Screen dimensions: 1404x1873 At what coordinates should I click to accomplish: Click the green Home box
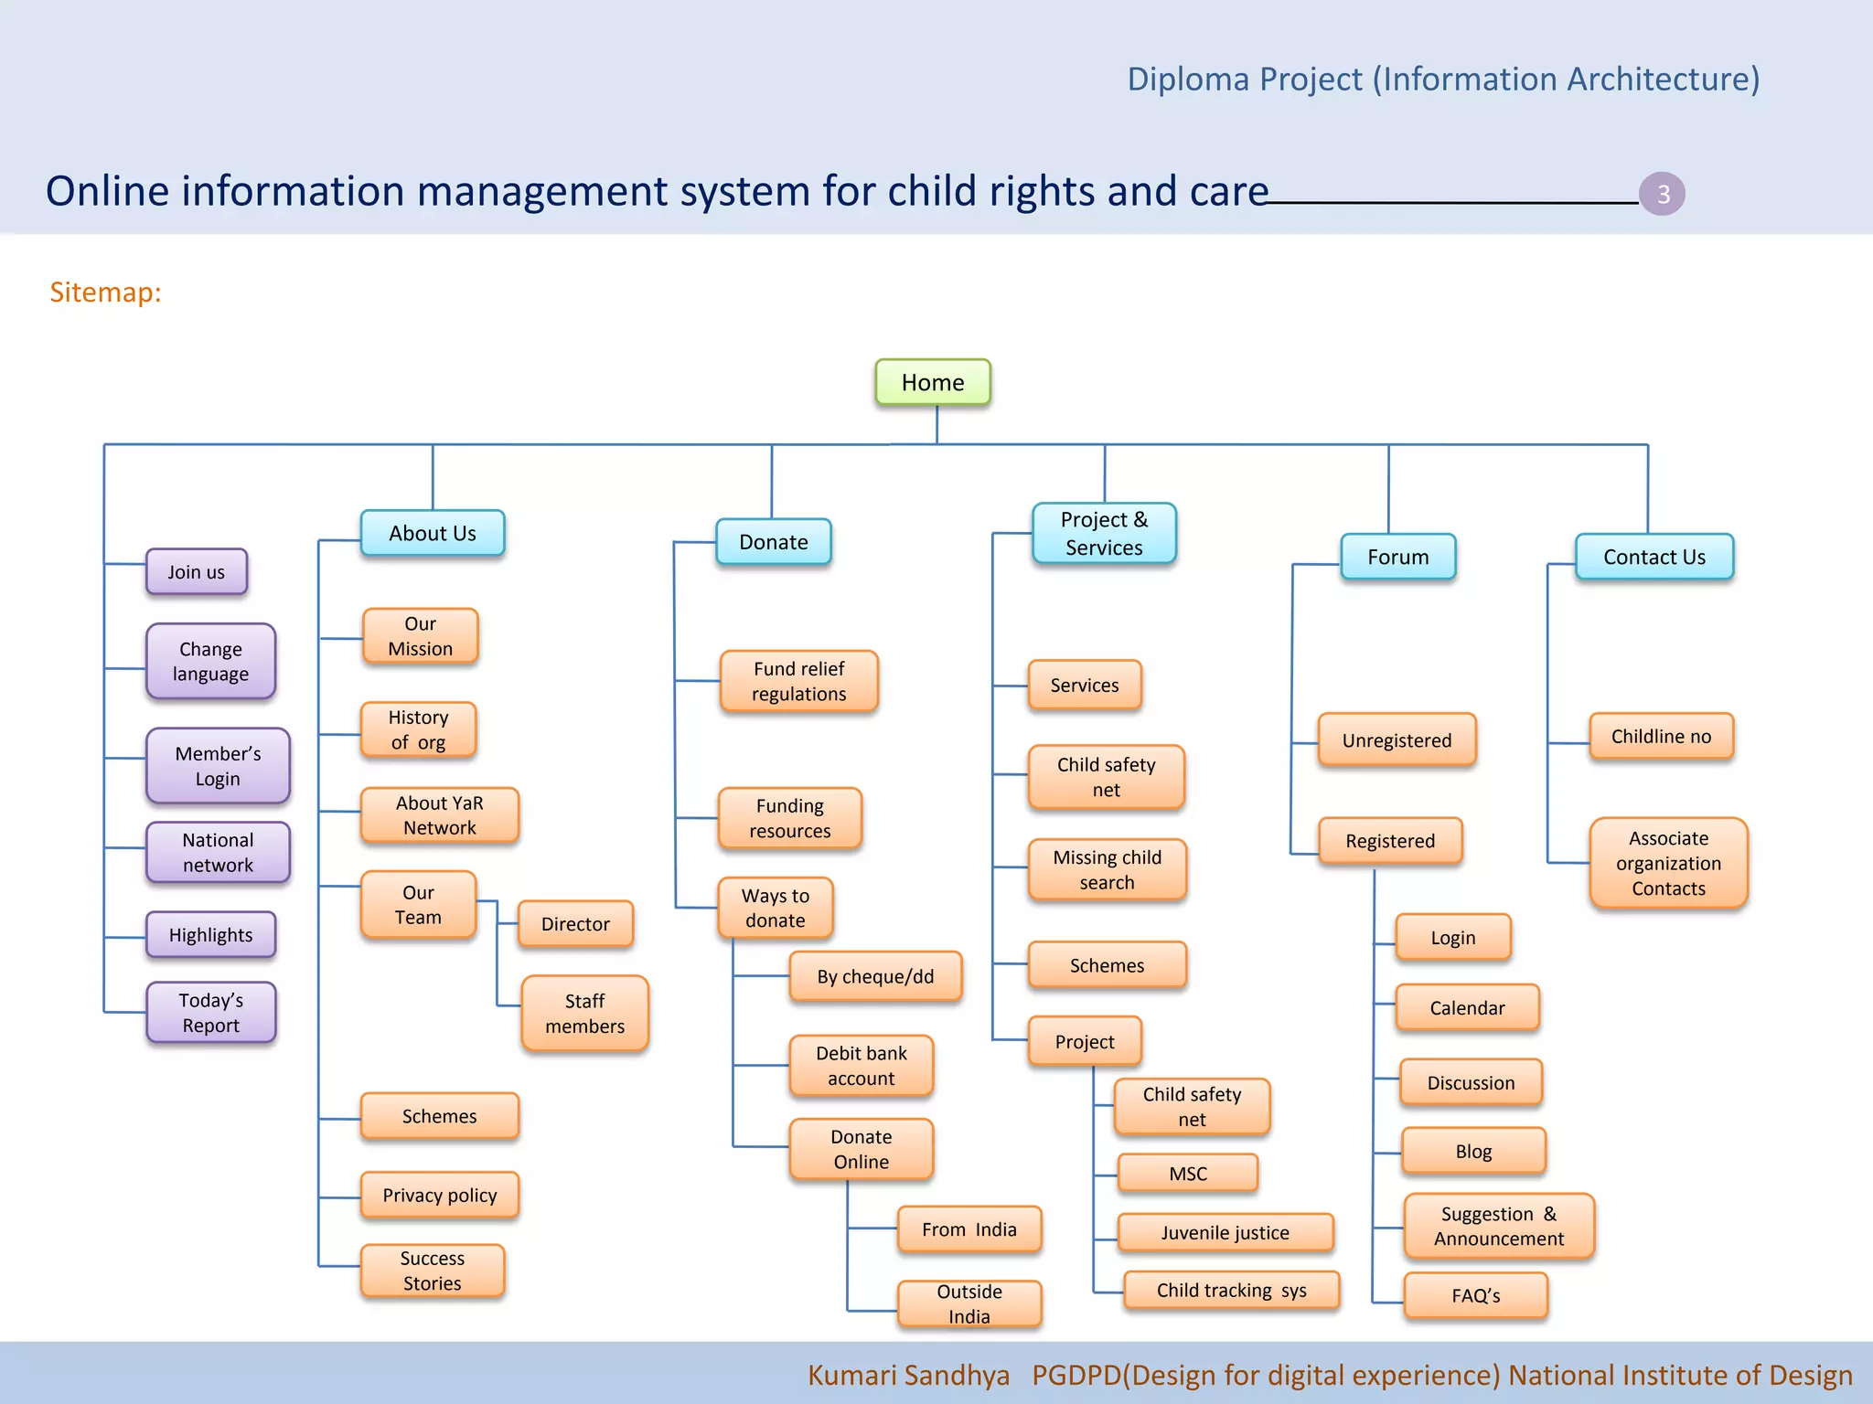tap(932, 382)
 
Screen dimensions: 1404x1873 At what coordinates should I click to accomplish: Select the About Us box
tap(432, 533)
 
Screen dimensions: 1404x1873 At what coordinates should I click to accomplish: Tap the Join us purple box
tap(196, 572)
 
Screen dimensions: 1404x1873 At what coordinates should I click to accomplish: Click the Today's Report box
tap(210, 1013)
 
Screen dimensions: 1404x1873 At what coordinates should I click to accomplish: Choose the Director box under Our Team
tap(574, 924)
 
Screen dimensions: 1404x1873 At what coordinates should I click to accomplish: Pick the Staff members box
tap(584, 1014)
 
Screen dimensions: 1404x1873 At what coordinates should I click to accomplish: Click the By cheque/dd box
tap(874, 976)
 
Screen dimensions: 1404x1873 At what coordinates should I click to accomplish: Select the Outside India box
tap(969, 1303)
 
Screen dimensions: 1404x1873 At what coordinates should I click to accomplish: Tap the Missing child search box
tap(1107, 869)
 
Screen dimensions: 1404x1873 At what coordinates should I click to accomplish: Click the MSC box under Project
tap(1187, 1174)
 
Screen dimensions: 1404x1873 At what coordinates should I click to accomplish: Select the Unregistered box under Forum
tap(1396, 740)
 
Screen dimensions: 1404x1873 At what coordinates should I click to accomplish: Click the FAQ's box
tap(1475, 1295)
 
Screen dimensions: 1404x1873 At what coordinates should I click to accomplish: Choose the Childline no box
tap(1660, 737)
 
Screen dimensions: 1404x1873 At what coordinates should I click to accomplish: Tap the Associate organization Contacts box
tap(1667, 863)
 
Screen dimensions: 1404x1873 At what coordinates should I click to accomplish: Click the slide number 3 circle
tap(1662, 194)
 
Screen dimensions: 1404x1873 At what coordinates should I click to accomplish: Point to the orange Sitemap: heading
tap(105, 292)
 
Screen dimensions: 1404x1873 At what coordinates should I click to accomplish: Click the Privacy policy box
tap(439, 1196)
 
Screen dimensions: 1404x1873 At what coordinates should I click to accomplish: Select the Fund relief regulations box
tap(798, 681)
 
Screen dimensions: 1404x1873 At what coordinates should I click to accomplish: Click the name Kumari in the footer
tap(851, 1375)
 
